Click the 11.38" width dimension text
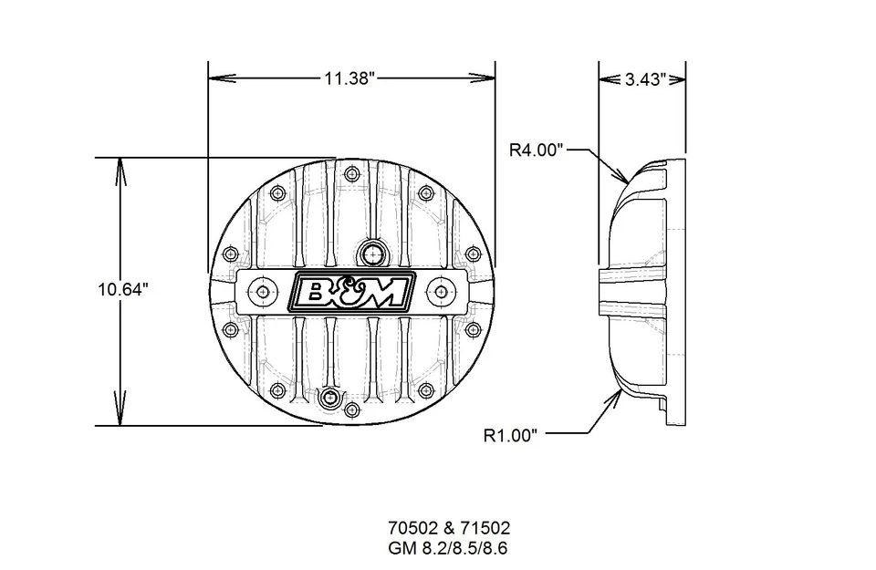coord(349,78)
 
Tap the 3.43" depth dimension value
coord(643,79)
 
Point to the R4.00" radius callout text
coord(537,150)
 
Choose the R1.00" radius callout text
coord(516,435)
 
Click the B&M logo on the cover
coord(351,291)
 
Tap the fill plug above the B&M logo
coord(371,252)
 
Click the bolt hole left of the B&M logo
coord(264,291)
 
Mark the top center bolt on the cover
coord(350,174)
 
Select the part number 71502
coord(486,528)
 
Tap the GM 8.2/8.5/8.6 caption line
coord(449,547)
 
